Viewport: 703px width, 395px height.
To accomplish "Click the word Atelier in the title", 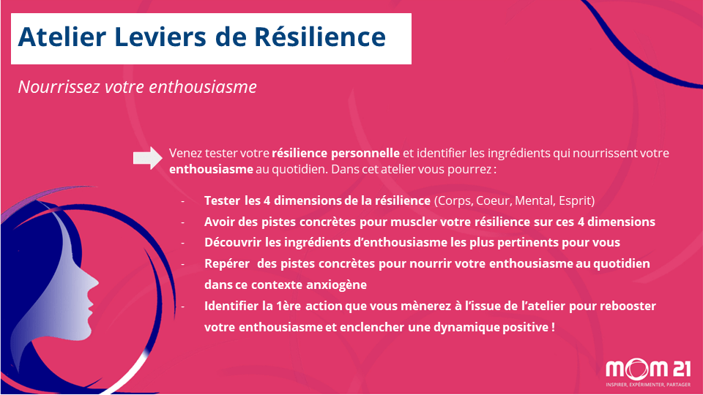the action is [x=62, y=37].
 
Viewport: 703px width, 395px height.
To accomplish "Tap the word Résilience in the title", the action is [x=320, y=37].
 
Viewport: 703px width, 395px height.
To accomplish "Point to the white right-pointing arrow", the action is [x=147, y=158].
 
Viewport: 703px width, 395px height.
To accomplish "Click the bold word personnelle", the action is [x=365, y=153].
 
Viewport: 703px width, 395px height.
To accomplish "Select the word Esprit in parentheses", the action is [x=576, y=201].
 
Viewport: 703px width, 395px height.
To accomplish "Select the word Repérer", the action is [x=227, y=263].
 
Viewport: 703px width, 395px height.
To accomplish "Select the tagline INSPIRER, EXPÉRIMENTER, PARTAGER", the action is [x=648, y=385].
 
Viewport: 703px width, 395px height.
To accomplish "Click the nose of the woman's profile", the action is [x=95, y=282].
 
